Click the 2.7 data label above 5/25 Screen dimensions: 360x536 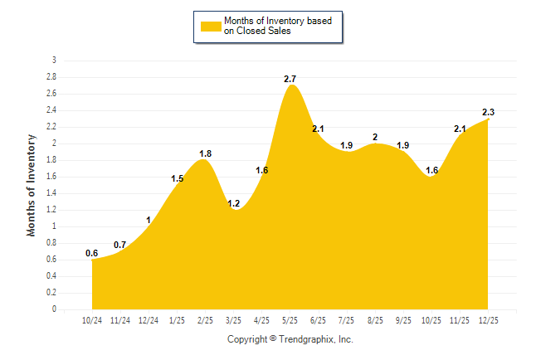click(x=290, y=79)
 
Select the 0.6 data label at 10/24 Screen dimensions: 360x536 click(x=91, y=253)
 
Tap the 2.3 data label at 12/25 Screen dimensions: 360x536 click(x=489, y=112)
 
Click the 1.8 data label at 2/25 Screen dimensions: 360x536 click(x=205, y=153)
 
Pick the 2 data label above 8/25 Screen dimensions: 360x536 click(x=375, y=137)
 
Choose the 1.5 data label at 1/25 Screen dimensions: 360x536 click(x=177, y=178)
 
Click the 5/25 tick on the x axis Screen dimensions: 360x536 click(x=290, y=319)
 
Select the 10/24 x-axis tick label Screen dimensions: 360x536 click(x=92, y=319)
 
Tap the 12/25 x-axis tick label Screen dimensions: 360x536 click(x=488, y=319)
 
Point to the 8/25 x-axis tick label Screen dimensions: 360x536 click(x=375, y=319)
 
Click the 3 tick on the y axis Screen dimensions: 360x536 click(x=54, y=61)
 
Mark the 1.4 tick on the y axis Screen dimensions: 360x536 click(x=51, y=192)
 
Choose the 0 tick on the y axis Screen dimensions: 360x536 click(x=54, y=309)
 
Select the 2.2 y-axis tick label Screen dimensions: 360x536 click(x=51, y=126)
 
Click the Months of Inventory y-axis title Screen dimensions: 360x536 click(x=32, y=185)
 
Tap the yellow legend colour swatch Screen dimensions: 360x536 click(x=210, y=27)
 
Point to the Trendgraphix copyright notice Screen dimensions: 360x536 click(x=290, y=339)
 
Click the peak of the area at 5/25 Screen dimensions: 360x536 click(x=290, y=85)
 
